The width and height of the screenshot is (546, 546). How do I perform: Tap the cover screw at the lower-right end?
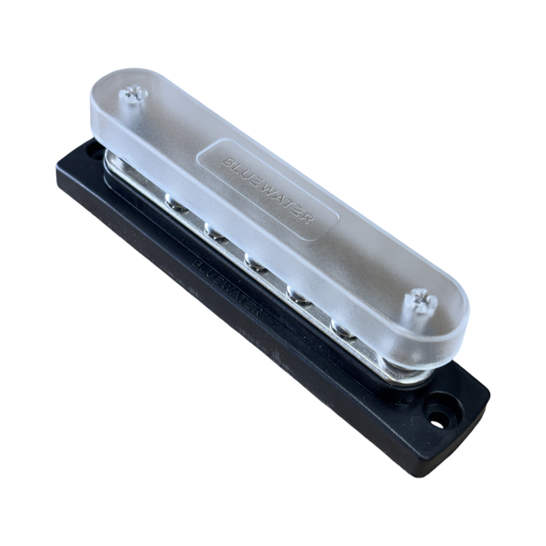click(x=421, y=300)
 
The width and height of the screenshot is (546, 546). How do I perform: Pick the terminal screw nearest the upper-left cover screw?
click(x=177, y=203)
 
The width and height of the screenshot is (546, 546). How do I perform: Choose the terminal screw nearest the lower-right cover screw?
click(x=344, y=329)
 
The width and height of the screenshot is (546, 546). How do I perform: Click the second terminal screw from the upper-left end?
click(x=216, y=232)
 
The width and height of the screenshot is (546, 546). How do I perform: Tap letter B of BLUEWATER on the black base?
click(x=198, y=263)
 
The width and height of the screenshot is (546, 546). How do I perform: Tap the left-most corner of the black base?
click(x=57, y=174)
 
